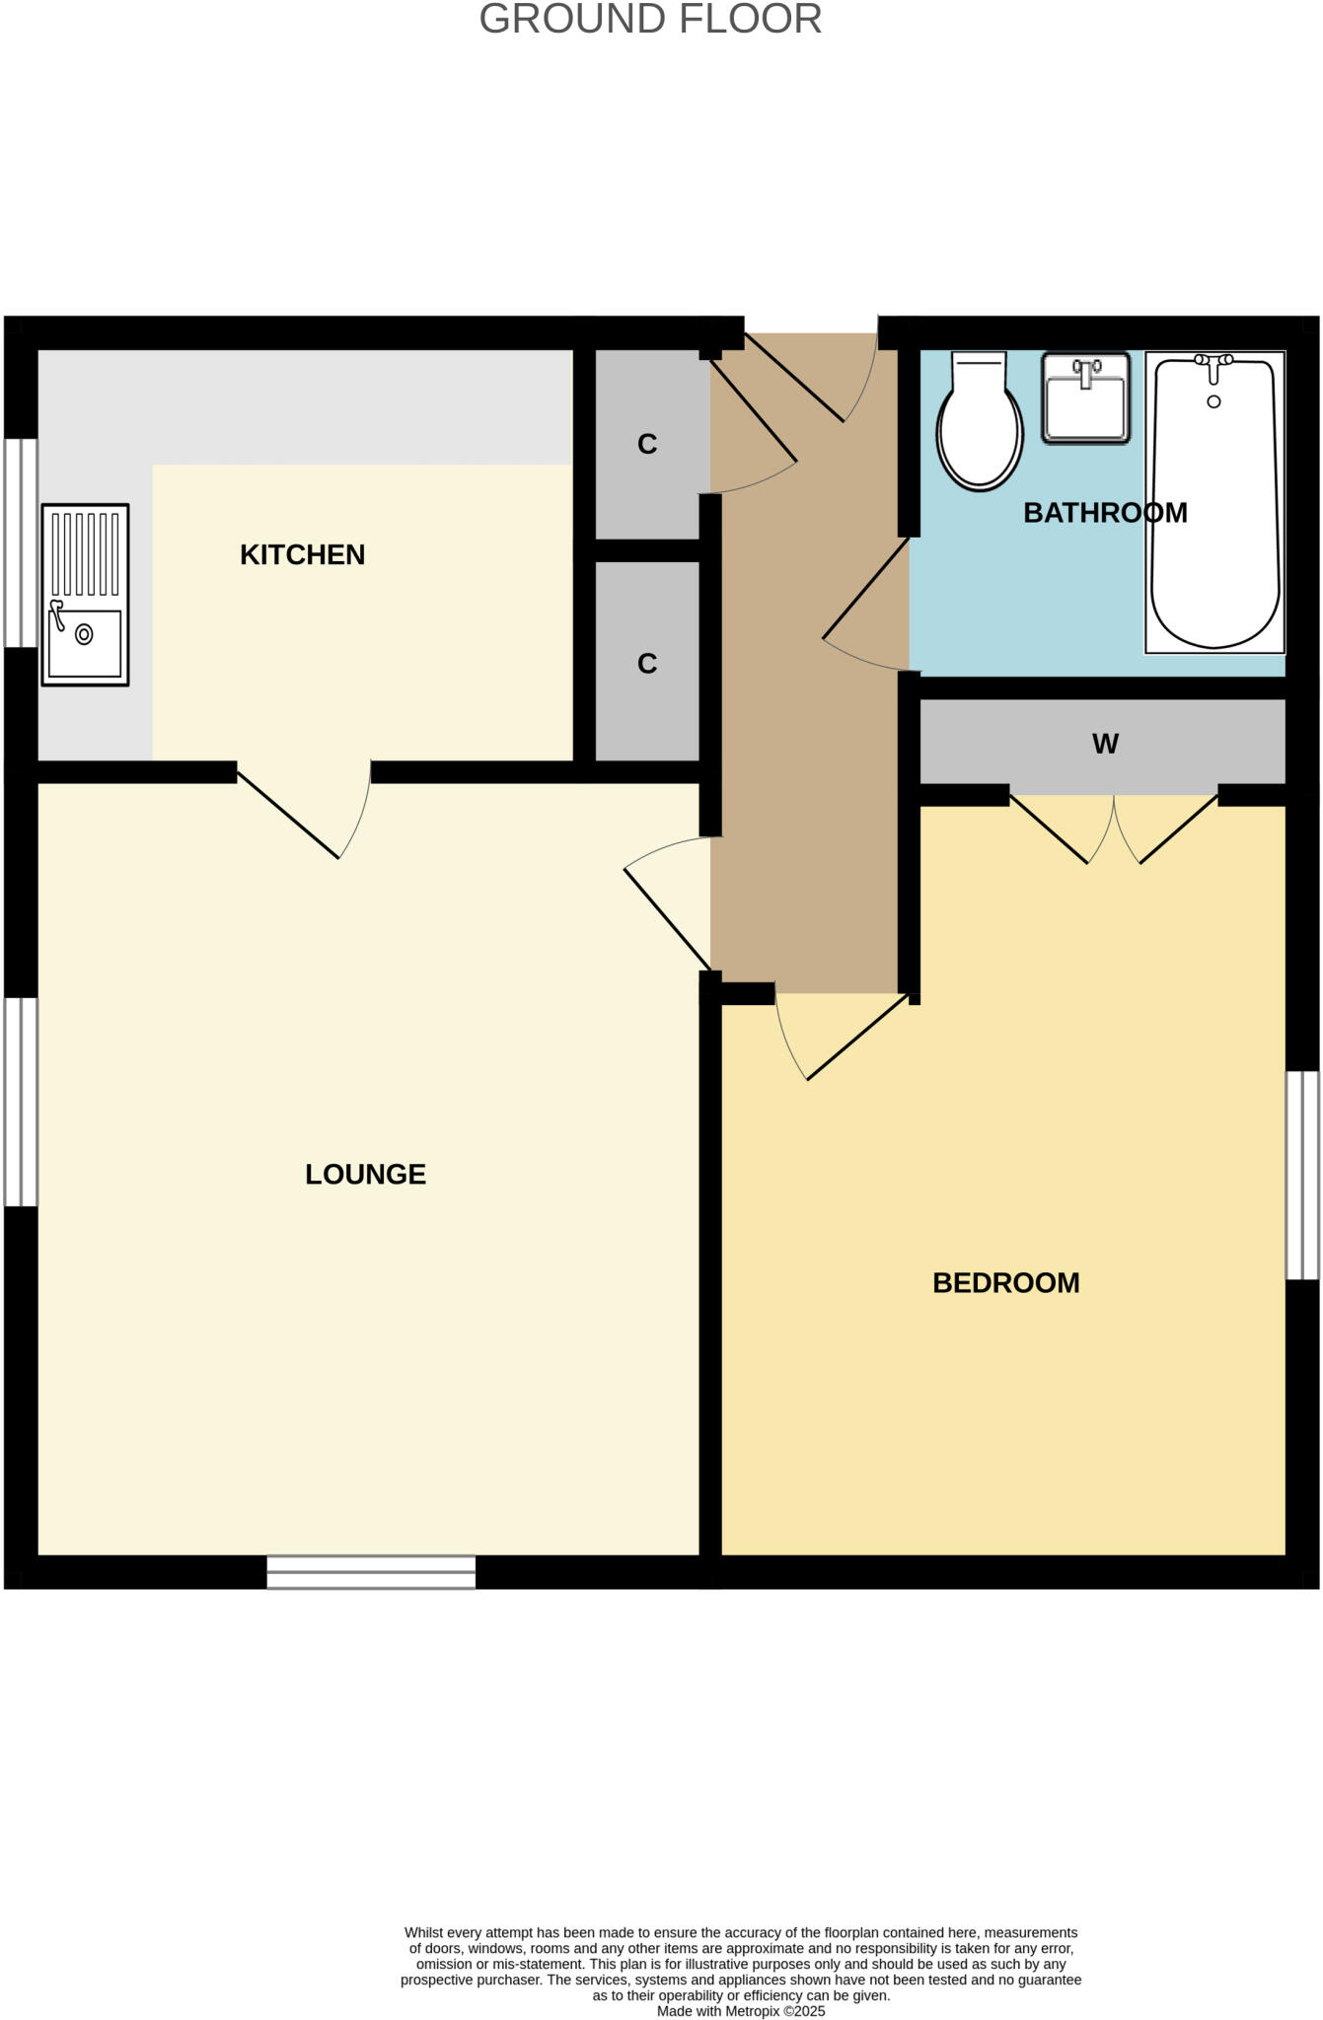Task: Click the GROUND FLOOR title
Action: point(650,20)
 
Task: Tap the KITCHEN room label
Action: point(302,554)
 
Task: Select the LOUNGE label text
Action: point(365,1174)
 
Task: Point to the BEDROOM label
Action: point(1005,1282)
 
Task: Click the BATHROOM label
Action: point(1104,513)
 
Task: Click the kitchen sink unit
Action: point(85,595)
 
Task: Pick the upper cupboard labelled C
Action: point(647,444)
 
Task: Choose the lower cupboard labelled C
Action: point(647,663)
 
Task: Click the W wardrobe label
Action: point(1105,744)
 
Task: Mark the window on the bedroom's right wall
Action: point(1302,1175)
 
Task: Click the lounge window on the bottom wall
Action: point(371,1572)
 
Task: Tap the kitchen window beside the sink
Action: point(21,542)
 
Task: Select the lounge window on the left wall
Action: point(21,1102)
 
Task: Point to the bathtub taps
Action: point(1213,363)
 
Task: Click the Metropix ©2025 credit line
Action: point(741,2011)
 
